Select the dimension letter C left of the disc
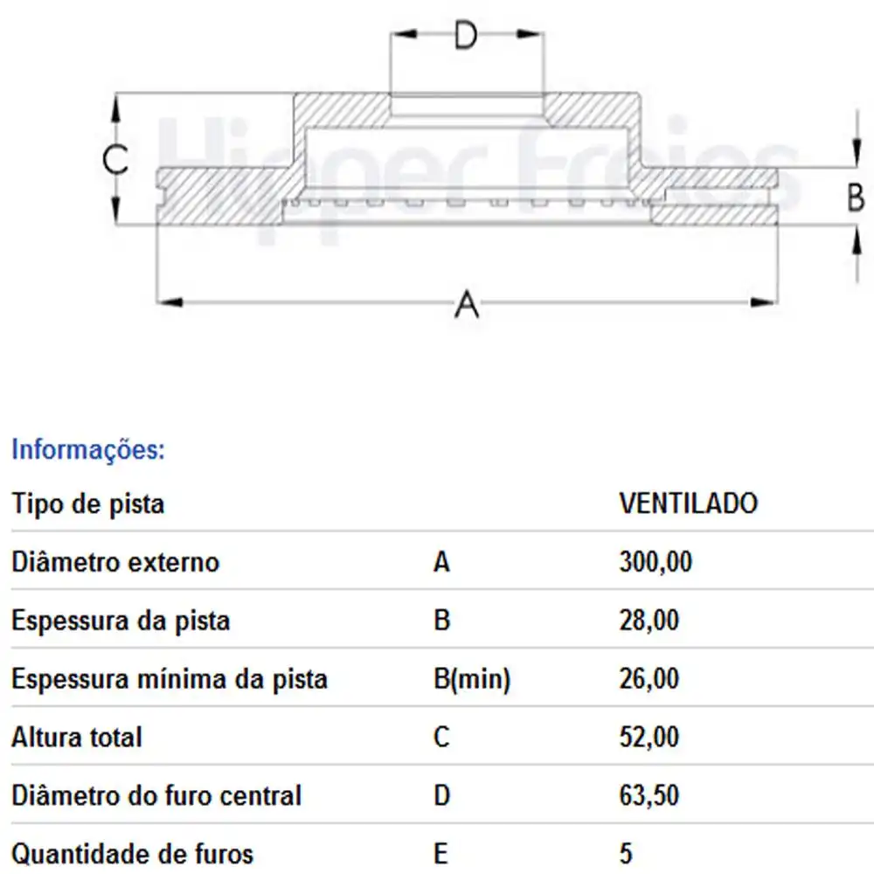click(114, 160)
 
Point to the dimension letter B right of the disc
click(857, 198)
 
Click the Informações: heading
click(87, 451)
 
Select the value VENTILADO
click(688, 503)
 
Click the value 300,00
click(655, 562)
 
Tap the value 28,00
click(648, 621)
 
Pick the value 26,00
click(648, 679)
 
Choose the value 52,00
click(648, 738)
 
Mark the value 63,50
click(648, 795)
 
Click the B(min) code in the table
click(472, 679)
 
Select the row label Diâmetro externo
click(115, 562)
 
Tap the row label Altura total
click(77, 738)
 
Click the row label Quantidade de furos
click(133, 853)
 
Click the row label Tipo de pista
click(87, 503)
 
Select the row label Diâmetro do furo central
click(156, 795)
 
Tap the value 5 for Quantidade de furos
click(625, 853)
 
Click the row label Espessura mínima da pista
click(170, 679)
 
